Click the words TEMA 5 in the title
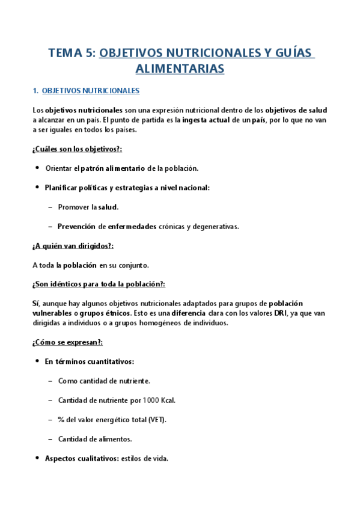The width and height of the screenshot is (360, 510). [71, 54]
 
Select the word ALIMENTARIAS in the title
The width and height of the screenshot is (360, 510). [180, 69]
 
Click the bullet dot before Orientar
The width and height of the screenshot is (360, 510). [37, 168]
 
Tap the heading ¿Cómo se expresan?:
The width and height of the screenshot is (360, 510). [67, 342]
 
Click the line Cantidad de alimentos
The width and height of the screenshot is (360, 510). [95, 438]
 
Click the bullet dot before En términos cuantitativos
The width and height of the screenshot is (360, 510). [37, 361]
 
